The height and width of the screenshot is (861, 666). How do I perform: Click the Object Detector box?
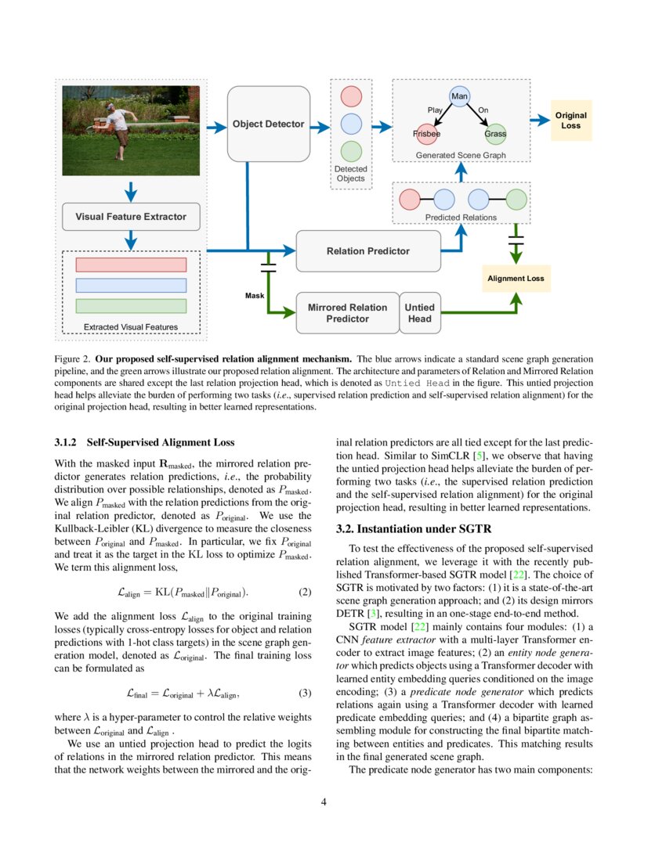tap(269, 124)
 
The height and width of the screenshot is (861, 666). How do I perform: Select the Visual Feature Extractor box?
tap(131, 217)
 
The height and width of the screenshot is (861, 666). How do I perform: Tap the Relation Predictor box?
tap(367, 251)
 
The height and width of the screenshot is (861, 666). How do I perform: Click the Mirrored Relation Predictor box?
tap(347, 313)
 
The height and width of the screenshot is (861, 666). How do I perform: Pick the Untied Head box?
tap(419, 313)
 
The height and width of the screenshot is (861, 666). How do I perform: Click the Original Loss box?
tap(570, 121)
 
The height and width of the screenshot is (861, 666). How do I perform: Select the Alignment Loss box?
tap(516, 278)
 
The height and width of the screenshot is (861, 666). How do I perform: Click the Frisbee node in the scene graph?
tap(427, 134)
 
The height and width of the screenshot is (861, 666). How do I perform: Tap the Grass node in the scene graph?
tap(495, 134)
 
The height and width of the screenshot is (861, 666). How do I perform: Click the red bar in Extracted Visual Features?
tap(131, 265)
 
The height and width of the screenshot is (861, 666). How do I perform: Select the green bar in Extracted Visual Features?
tap(131, 306)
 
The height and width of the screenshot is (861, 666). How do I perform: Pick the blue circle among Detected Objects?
tap(351, 123)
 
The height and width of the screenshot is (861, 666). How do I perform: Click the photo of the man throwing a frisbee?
tap(131, 131)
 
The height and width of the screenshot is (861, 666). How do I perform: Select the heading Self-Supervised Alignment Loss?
tap(161, 443)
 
